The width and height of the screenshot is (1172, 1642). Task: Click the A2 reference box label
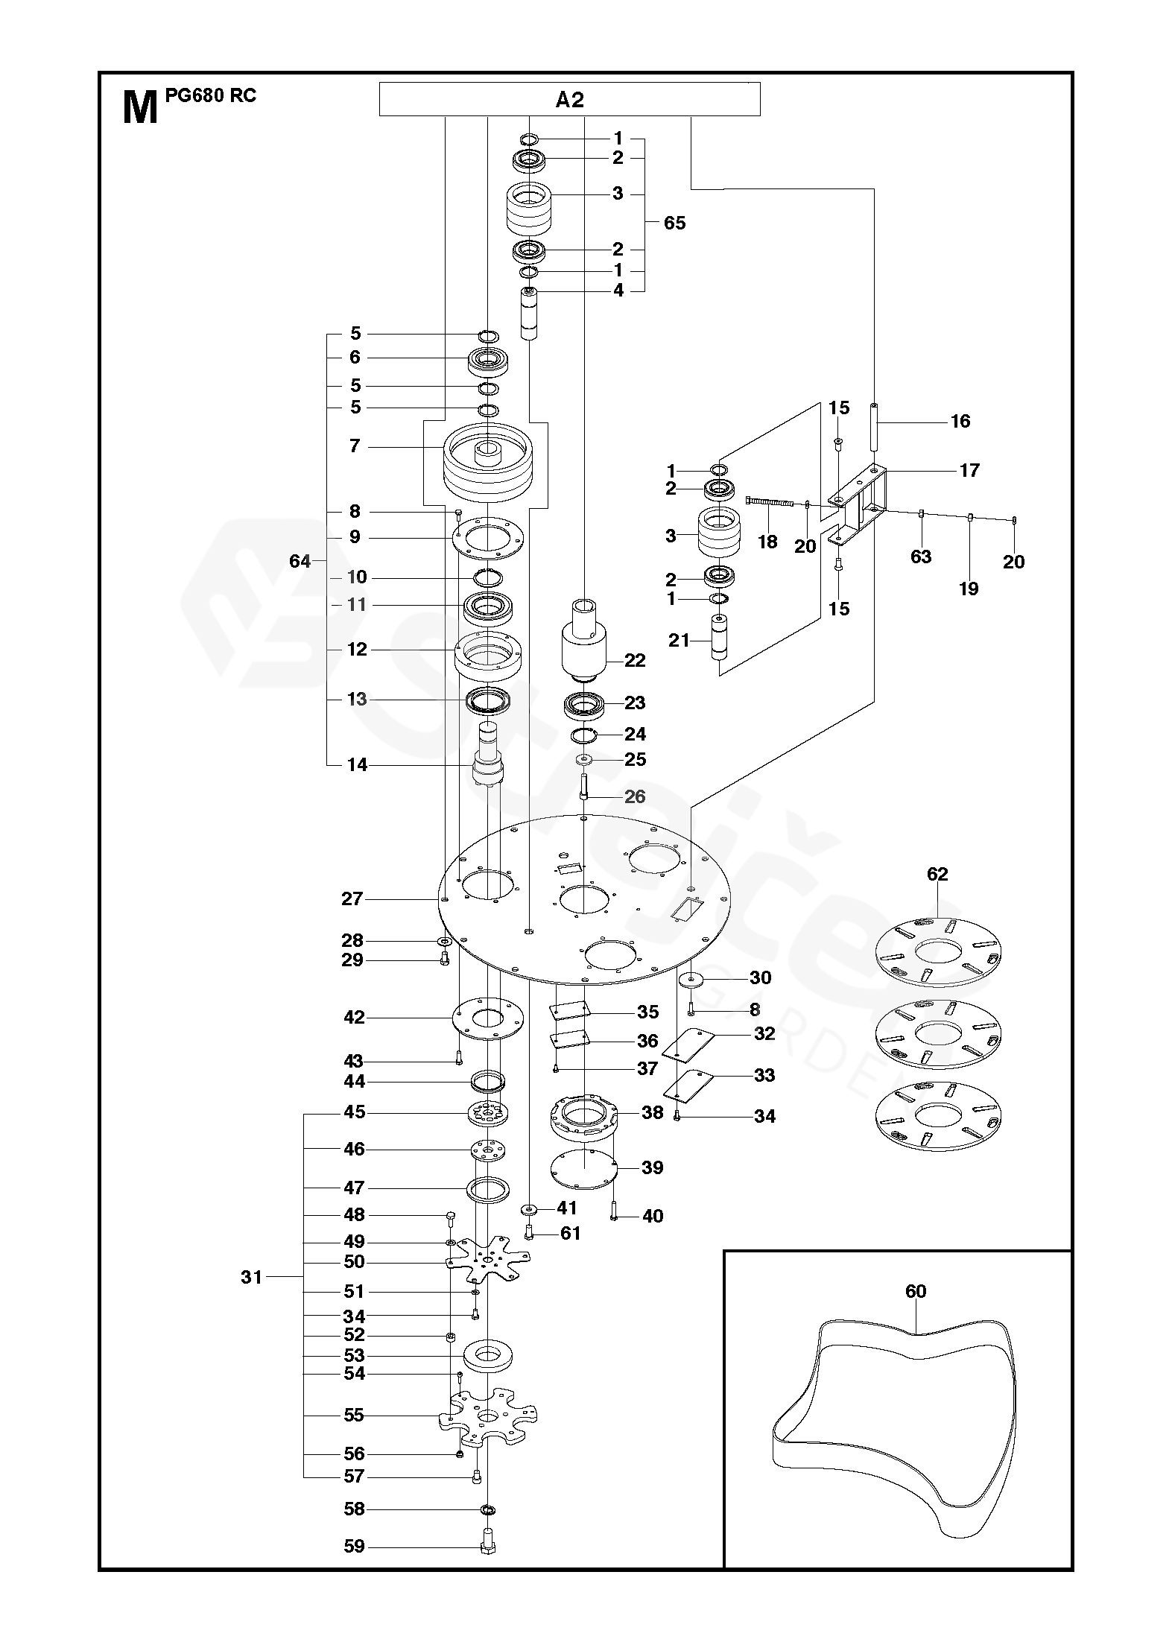[x=569, y=100]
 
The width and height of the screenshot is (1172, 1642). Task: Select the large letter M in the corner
[x=140, y=107]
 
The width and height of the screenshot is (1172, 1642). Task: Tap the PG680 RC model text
[x=211, y=96]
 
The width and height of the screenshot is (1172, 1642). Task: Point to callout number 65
[x=674, y=223]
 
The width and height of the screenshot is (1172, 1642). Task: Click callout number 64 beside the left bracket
[x=300, y=561]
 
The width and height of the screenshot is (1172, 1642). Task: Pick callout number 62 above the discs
[x=937, y=874]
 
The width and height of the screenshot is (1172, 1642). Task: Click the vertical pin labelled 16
[x=873, y=426]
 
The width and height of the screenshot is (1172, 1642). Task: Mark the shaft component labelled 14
[x=488, y=756]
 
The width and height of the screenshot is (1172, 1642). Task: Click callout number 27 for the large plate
[x=352, y=899]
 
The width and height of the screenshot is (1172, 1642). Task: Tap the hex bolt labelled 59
[x=488, y=1545]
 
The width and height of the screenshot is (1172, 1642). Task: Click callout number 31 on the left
[x=252, y=1277]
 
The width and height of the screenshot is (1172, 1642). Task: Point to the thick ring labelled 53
[x=488, y=1355]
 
